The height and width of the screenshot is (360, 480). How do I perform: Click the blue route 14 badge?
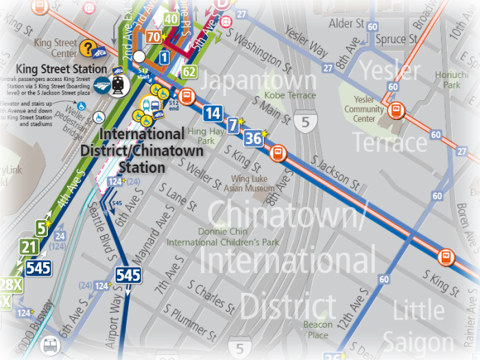tap(213, 114)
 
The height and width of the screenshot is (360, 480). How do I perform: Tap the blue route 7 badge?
tap(234, 125)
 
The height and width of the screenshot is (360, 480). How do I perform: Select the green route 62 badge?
tap(190, 71)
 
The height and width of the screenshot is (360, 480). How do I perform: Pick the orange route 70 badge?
tap(154, 37)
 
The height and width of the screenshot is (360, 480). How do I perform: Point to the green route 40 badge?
tap(171, 19)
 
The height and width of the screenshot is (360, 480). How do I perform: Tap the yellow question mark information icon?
tap(87, 47)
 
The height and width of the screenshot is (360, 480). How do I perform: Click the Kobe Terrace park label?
tap(289, 95)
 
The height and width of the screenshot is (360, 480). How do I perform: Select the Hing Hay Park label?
tap(201, 136)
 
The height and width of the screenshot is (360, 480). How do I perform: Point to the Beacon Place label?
tap(317, 330)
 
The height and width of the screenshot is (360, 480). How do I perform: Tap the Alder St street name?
tap(346, 23)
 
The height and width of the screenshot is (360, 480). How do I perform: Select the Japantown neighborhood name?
tap(259, 80)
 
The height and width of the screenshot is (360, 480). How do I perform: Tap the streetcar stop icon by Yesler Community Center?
tap(395, 110)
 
